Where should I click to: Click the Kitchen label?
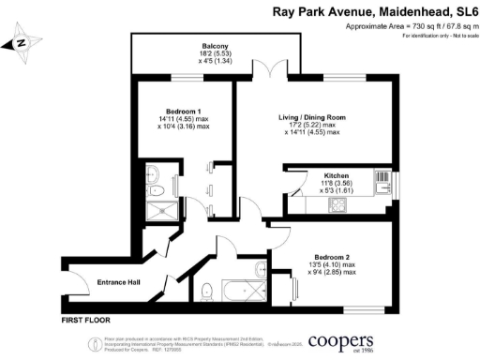point(337,175)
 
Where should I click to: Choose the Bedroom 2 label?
point(337,254)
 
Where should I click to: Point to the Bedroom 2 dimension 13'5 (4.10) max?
point(337,264)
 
